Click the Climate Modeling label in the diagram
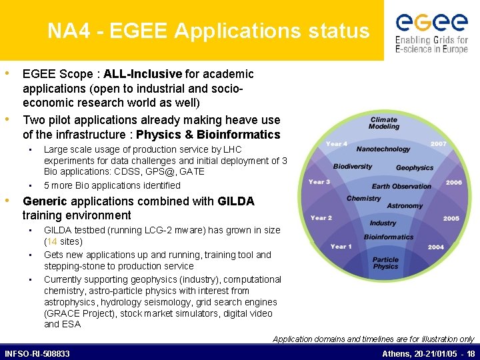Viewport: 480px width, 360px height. click(384, 123)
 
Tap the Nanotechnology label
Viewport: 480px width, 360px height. click(383, 149)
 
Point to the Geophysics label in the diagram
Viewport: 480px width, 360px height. click(415, 168)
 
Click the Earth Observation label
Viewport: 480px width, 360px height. click(401, 187)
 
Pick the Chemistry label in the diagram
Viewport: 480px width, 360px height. click(364, 199)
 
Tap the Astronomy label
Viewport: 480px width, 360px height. click(405, 206)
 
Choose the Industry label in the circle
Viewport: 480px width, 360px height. click(383, 223)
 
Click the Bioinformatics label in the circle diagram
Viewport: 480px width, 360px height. click(389, 237)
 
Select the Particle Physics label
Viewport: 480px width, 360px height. click(385, 263)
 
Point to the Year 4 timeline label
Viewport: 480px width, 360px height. click(337, 143)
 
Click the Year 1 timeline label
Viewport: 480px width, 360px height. click(341, 247)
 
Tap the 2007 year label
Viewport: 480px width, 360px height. click(439, 143)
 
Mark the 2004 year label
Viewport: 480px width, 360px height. click(436, 247)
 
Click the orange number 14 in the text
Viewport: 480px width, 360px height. click(53, 241)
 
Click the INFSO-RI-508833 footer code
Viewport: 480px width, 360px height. click(37, 353)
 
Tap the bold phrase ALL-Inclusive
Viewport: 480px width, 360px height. click(143, 74)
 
